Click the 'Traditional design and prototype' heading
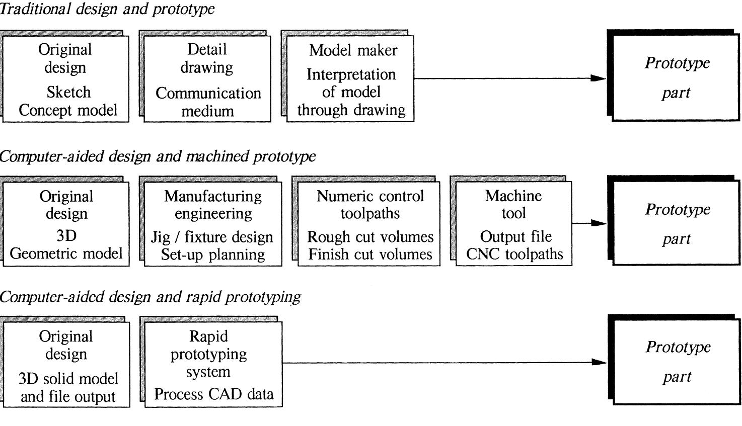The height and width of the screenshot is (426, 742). click(x=107, y=9)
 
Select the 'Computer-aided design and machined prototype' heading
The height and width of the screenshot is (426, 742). click(x=158, y=156)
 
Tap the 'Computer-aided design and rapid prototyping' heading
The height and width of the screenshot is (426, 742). click(x=150, y=297)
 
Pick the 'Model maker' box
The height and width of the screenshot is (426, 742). click(x=350, y=79)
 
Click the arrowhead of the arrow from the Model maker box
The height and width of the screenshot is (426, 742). click(x=599, y=78)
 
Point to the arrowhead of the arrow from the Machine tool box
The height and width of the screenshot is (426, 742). click(x=599, y=223)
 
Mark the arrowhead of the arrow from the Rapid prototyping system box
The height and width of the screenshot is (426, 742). click(x=599, y=362)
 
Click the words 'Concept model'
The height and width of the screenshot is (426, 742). click(x=68, y=110)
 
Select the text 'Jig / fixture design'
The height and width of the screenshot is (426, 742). click(x=212, y=237)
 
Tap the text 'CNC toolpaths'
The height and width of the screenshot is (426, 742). click(x=514, y=254)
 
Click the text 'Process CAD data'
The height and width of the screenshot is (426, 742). click(x=214, y=394)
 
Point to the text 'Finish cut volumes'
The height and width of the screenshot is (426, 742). click(x=370, y=254)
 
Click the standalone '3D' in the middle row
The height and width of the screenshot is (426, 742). click(x=66, y=236)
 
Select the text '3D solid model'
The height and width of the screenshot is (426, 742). click(x=68, y=379)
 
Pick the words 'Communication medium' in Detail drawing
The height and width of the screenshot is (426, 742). click(x=208, y=102)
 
